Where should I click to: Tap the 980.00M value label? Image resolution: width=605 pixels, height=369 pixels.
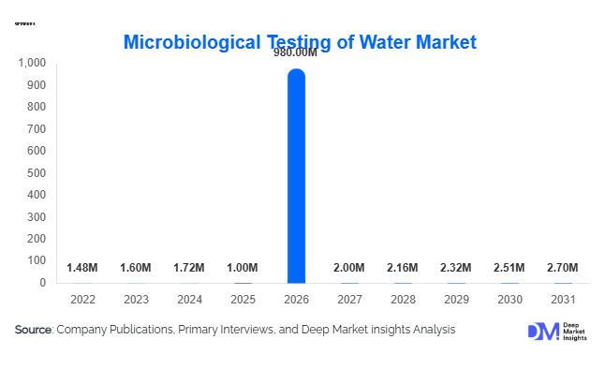pyautogui.click(x=296, y=53)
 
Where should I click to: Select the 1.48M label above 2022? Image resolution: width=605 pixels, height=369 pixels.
pyautogui.click(x=82, y=269)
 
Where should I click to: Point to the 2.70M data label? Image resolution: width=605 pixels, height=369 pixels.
pyautogui.click(x=562, y=269)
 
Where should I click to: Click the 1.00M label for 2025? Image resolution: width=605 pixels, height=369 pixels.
pyautogui.click(x=243, y=269)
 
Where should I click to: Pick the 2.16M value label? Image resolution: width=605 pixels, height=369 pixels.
pyautogui.click(x=403, y=269)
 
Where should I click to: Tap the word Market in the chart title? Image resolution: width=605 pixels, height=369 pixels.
pyautogui.click(x=441, y=42)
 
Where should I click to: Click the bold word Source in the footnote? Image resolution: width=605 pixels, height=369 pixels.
pyautogui.click(x=34, y=330)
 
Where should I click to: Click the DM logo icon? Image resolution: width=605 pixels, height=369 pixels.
pyautogui.click(x=543, y=331)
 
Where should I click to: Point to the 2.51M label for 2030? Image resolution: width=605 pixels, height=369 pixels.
pyautogui.click(x=509, y=269)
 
